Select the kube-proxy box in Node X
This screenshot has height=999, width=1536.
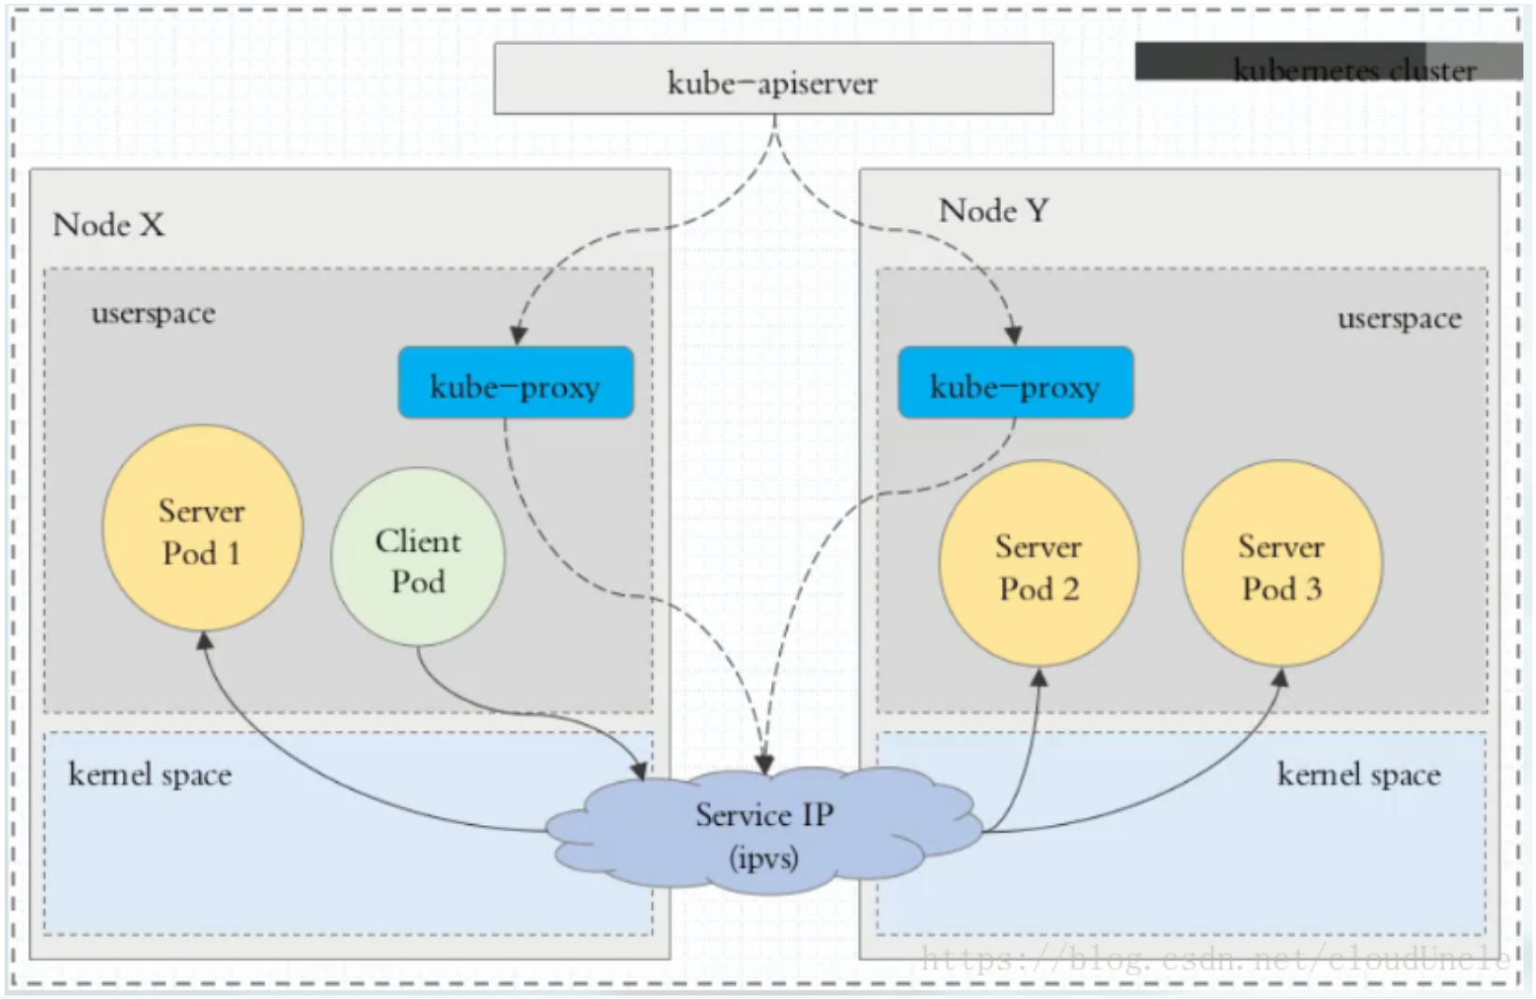(x=515, y=383)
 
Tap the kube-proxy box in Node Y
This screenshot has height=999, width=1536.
(x=1015, y=383)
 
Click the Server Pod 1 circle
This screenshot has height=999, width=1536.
(x=202, y=528)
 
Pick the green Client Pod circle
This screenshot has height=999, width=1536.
(x=417, y=558)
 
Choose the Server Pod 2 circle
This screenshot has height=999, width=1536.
(x=1038, y=564)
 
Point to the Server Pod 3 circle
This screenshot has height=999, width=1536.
(x=1281, y=564)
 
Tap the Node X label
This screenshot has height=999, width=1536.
(x=109, y=224)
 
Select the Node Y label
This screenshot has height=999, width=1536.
(x=993, y=210)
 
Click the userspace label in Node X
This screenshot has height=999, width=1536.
(x=153, y=313)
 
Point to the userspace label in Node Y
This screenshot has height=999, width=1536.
(x=1398, y=319)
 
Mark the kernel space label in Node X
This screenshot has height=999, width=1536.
(x=150, y=775)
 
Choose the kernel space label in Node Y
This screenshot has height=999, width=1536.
(x=1358, y=775)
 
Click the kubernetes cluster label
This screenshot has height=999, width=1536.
(x=1354, y=70)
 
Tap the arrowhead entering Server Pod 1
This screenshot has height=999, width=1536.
(x=204, y=641)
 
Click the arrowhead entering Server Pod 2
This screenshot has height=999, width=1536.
(x=1038, y=677)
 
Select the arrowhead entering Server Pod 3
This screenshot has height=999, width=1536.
(x=1281, y=676)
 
